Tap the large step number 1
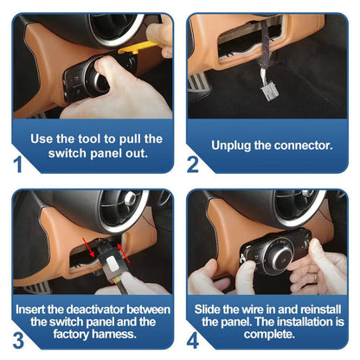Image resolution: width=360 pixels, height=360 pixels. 18,164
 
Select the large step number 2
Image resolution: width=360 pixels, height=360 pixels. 193,164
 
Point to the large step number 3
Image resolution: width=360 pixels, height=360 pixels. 18,340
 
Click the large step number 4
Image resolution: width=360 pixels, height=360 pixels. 193,341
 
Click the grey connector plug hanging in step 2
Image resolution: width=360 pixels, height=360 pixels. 270,92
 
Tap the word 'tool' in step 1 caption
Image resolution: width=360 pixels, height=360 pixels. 90,138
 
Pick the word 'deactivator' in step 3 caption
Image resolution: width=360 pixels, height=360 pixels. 95,310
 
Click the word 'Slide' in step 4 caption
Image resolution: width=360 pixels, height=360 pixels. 207,310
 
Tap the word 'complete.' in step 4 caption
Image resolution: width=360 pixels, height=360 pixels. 269,334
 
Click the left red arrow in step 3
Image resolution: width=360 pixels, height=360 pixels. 89,247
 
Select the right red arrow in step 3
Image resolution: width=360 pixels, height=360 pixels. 124,253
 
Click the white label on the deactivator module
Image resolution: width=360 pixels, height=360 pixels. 112,264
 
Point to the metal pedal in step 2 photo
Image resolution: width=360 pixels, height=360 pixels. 199,82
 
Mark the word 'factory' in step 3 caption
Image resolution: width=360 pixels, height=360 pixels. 72,334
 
